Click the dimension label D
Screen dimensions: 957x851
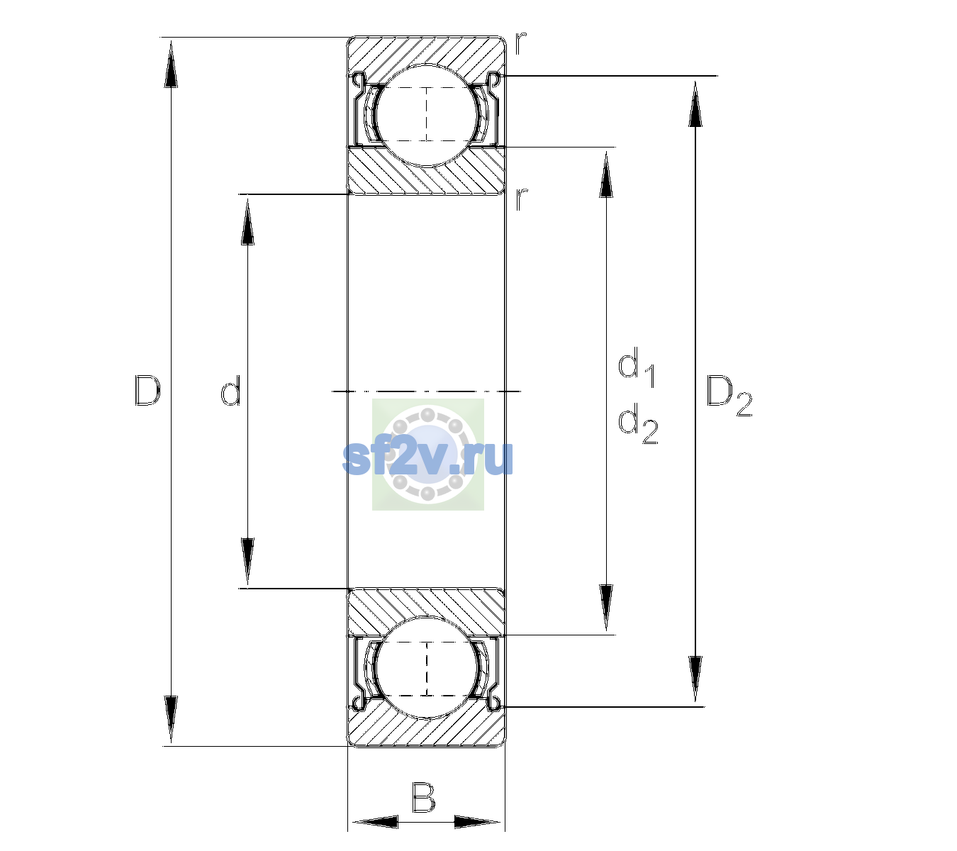[147, 391]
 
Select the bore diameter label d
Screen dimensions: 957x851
[231, 391]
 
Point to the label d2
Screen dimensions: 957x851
[638, 423]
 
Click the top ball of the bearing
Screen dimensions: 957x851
[427, 115]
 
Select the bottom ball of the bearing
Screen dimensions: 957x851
[427, 667]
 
